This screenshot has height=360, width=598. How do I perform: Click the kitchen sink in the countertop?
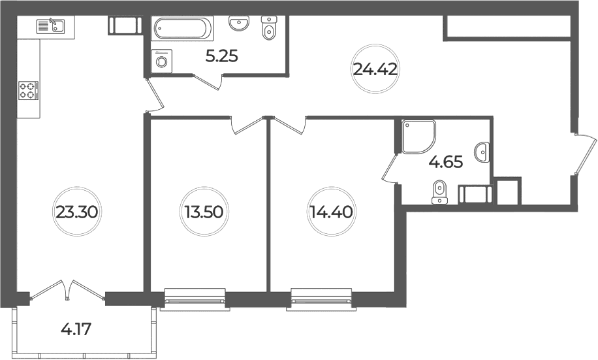click(x=51, y=26)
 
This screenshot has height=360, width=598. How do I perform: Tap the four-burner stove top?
click(x=29, y=91)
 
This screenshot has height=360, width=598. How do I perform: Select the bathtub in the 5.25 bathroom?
click(x=182, y=27)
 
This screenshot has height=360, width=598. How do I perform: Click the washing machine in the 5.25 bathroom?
click(x=162, y=61)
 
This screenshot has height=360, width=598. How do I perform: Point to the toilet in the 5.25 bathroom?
click(x=269, y=27)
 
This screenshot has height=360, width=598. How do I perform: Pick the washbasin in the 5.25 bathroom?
click(x=239, y=23)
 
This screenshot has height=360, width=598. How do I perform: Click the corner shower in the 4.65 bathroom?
click(x=418, y=137)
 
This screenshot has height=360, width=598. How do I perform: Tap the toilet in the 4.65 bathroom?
click(x=439, y=191)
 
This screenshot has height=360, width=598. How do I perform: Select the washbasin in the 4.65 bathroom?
click(x=482, y=152)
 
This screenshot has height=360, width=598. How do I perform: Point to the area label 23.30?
click(x=78, y=212)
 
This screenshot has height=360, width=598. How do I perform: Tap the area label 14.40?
click(x=330, y=211)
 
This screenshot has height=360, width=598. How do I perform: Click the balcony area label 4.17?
click(x=76, y=329)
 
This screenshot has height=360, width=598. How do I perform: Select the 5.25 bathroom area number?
click(x=221, y=56)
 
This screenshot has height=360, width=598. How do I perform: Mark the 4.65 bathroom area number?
click(x=446, y=162)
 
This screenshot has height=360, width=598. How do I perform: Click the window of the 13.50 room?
click(x=195, y=300)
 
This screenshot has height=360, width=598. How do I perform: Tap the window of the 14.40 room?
click(x=321, y=300)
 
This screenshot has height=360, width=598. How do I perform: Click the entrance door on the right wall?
click(x=584, y=154)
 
